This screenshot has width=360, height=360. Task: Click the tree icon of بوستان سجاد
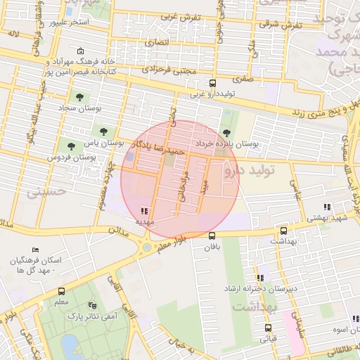(77, 98)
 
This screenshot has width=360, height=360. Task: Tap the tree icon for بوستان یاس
(103, 131)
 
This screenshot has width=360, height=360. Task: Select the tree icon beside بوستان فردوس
(71, 146)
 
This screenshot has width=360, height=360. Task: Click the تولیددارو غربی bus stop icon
(212, 83)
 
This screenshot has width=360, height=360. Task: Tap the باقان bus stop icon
(212, 236)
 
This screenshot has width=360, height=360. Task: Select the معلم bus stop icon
(61, 291)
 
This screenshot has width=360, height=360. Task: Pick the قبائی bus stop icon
(268, 328)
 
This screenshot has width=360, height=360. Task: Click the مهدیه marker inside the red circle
(144, 210)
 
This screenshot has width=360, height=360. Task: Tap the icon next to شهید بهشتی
(327, 207)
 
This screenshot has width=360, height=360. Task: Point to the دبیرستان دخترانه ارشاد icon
(260, 278)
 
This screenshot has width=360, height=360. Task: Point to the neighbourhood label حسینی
(45, 191)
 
